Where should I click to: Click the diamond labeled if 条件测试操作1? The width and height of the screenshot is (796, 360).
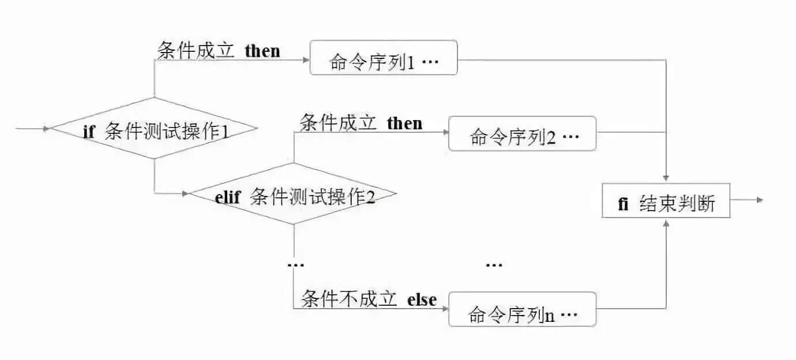[x=154, y=128]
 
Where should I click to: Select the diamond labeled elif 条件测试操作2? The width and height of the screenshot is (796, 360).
[x=294, y=194]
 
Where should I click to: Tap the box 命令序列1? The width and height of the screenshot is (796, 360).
[x=384, y=58]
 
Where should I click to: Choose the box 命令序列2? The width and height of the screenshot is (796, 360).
[x=522, y=134]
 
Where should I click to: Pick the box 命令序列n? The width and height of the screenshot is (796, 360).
[x=522, y=310]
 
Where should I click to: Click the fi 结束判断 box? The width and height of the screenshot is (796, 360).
[x=666, y=201]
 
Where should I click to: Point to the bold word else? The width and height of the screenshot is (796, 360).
[x=422, y=299]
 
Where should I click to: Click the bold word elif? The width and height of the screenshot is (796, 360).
[x=230, y=198]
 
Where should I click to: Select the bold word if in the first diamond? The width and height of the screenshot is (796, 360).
[x=88, y=132]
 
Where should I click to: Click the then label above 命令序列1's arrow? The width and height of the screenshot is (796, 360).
[x=262, y=51]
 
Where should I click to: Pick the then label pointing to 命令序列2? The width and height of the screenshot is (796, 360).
[x=404, y=123]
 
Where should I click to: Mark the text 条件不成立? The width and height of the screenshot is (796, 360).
[x=349, y=299]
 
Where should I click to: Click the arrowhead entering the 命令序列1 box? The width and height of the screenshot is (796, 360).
[x=306, y=59]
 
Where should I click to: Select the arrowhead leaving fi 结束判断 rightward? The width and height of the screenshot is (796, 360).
[x=760, y=200]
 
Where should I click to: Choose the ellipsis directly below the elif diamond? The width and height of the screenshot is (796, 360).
[x=295, y=264]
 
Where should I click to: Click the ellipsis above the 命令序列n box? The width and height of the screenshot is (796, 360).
[x=494, y=265]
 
